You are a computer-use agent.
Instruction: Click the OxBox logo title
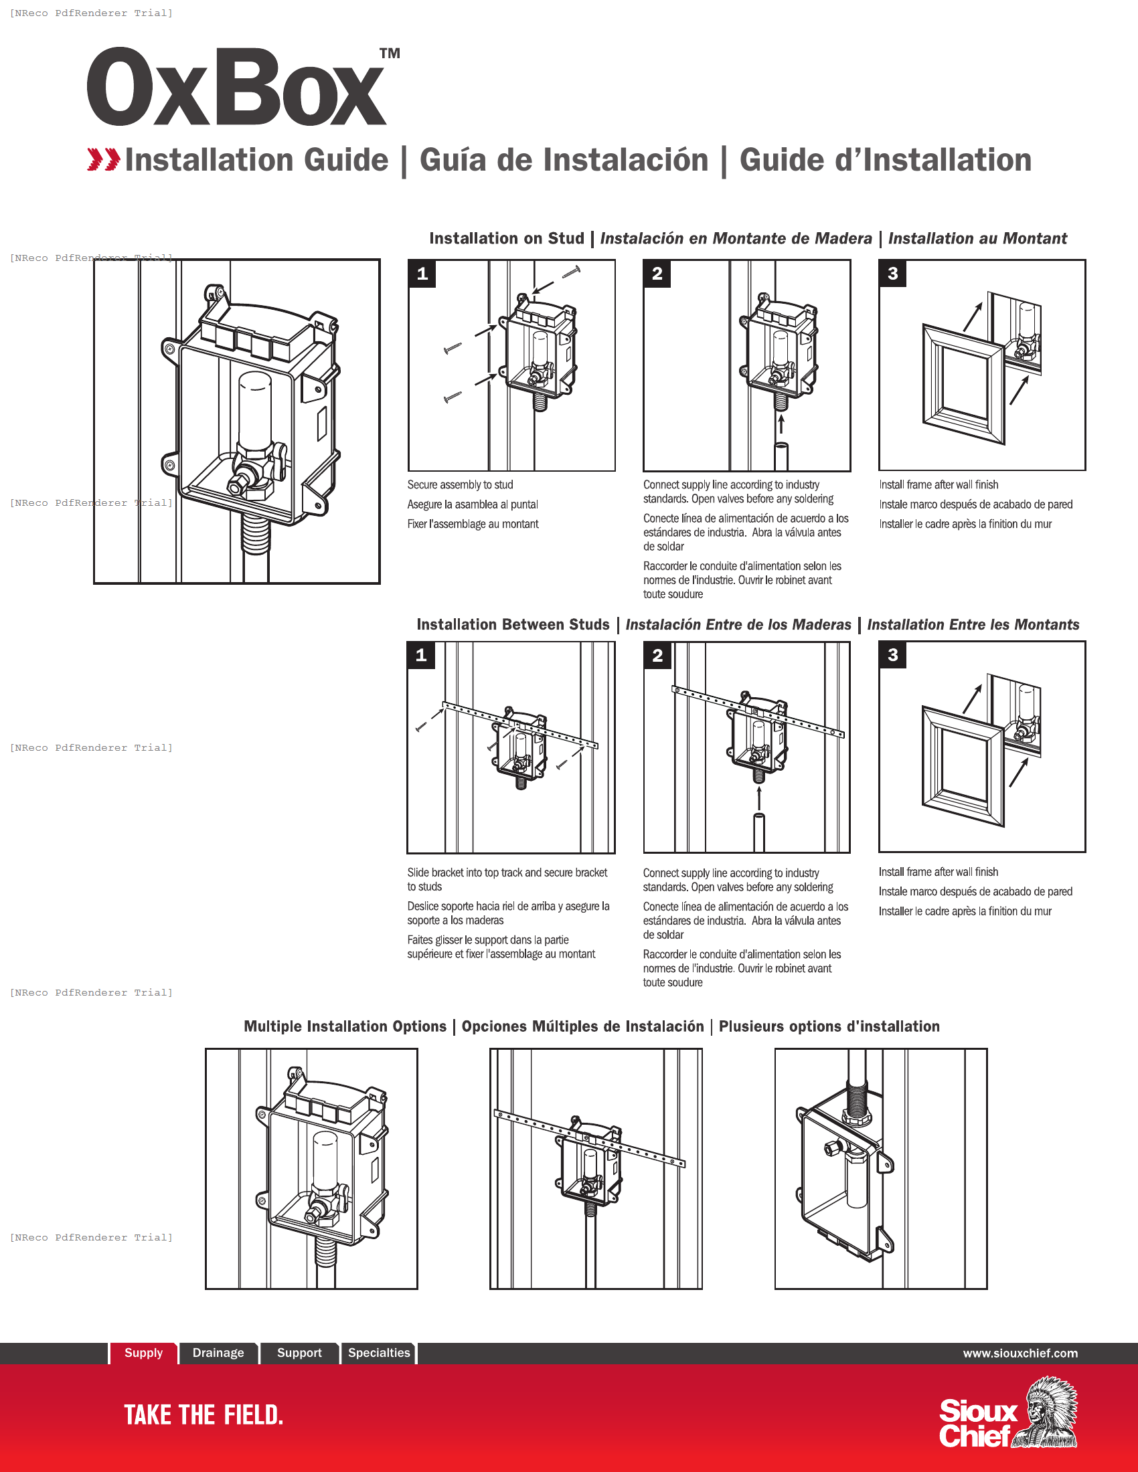(x=236, y=88)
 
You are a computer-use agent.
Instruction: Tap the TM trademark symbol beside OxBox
(x=390, y=54)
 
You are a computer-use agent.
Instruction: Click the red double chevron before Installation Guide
(x=103, y=160)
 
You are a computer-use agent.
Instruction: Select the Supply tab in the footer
(x=144, y=1353)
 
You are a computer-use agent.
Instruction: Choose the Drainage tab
(x=218, y=1353)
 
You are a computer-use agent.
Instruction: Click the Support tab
(x=299, y=1353)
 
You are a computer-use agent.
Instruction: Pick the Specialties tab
(x=379, y=1353)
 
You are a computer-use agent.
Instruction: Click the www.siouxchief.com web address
(x=1020, y=1354)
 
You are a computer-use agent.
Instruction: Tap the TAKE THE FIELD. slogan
(x=204, y=1414)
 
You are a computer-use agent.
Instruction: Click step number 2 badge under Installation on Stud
(x=657, y=274)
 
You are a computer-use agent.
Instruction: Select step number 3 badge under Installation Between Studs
(x=892, y=654)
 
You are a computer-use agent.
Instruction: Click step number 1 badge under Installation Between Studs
(x=421, y=654)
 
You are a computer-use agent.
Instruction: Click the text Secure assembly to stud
(x=460, y=484)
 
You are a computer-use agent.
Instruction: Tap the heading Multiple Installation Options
(x=345, y=1026)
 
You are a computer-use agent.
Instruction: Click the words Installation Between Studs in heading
(x=512, y=625)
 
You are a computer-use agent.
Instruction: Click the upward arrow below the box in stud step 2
(x=781, y=424)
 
